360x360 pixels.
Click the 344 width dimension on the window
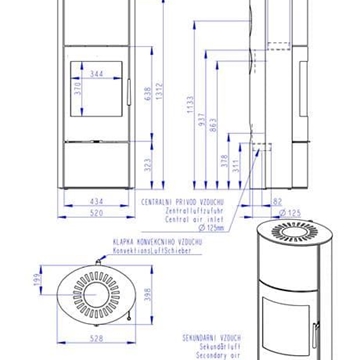pos(96,74)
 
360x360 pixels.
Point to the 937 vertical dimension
pos(202,121)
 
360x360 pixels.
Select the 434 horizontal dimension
pos(96,201)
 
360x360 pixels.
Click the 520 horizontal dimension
pos(96,212)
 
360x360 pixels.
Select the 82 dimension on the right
pos(277,201)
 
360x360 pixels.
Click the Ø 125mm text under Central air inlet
pos(209,229)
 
